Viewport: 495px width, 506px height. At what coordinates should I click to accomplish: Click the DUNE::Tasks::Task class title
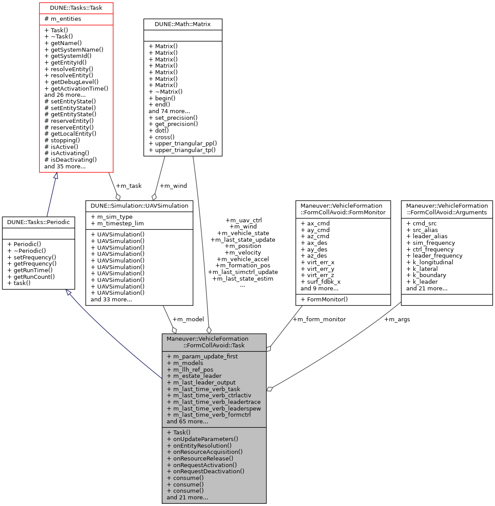click(x=76, y=8)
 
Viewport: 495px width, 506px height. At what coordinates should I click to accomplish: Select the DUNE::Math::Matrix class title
click(x=183, y=24)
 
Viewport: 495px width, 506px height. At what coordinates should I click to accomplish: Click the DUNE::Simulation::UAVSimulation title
click(x=139, y=205)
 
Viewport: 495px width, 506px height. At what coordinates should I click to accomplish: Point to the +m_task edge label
click(x=129, y=186)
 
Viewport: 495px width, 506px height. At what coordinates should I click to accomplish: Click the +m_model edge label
click(x=188, y=319)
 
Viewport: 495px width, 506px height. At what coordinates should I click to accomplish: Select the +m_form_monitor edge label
click(x=319, y=319)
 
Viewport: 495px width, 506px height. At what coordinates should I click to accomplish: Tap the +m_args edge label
click(x=397, y=319)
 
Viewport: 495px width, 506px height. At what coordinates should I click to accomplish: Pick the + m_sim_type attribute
click(x=111, y=217)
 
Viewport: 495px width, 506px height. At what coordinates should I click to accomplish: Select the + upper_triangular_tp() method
click(x=182, y=150)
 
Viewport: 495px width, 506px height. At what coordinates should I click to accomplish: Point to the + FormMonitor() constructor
click(x=324, y=299)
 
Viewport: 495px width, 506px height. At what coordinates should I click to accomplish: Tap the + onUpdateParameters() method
click(x=202, y=439)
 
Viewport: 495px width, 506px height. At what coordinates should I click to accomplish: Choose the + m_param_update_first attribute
click(x=202, y=356)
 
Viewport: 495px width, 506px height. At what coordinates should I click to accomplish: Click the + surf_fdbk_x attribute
click(x=320, y=282)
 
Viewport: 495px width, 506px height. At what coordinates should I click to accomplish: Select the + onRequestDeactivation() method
click(x=206, y=471)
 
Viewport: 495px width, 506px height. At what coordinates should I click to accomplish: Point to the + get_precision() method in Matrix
click(x=173, y=124)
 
